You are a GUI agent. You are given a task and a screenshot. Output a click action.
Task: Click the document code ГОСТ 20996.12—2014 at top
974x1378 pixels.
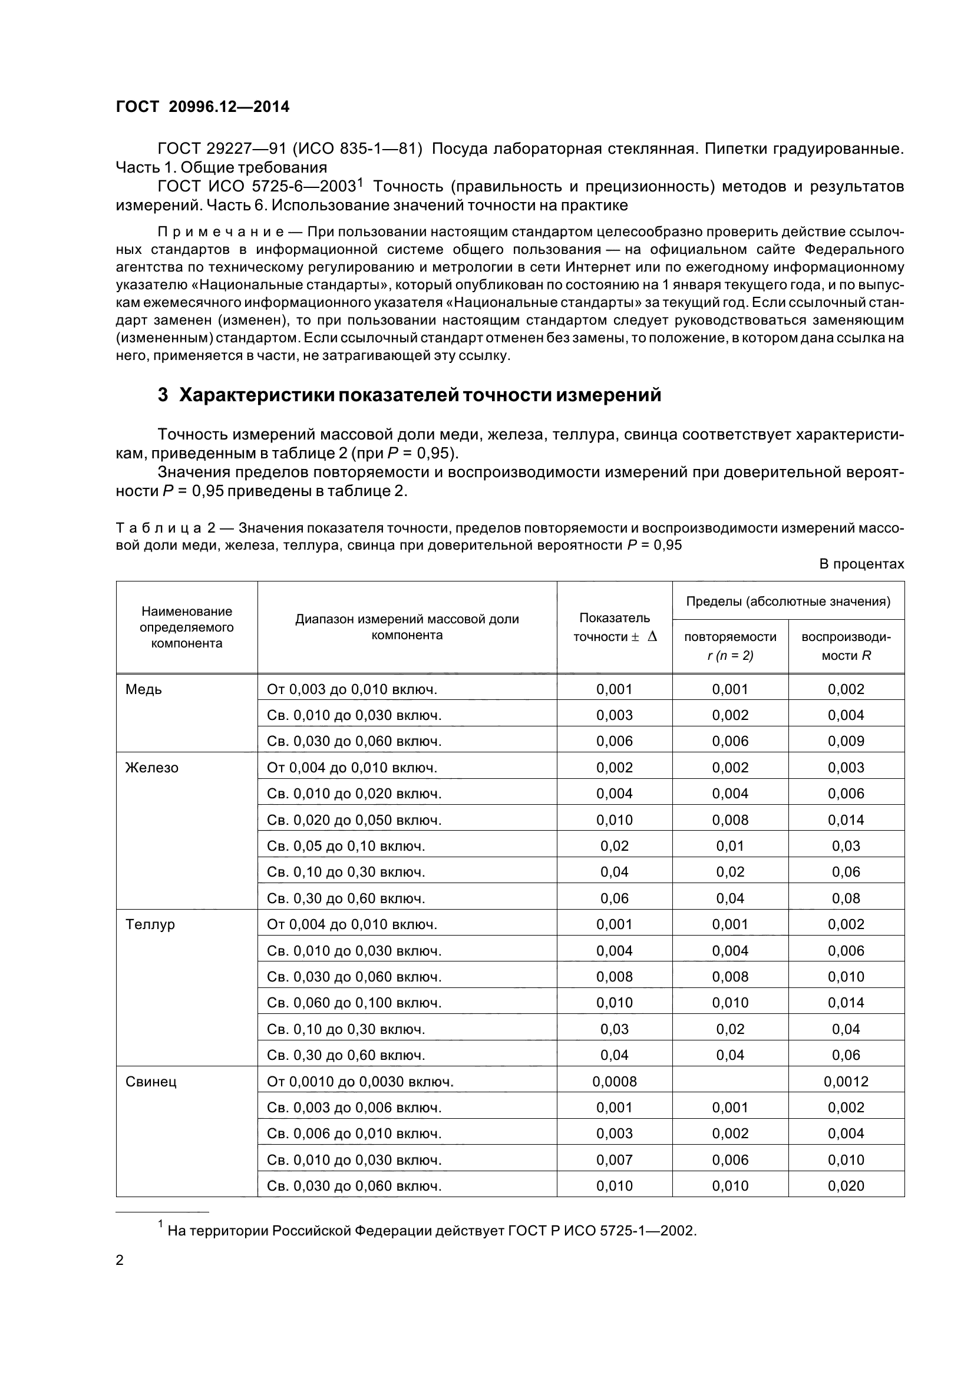[202, 107]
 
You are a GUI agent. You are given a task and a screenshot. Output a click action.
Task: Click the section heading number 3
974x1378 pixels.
[163, 395]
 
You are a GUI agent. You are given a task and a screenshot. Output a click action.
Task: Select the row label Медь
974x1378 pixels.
[143, 689]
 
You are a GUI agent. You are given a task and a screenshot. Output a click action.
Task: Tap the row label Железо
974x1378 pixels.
[151, 768]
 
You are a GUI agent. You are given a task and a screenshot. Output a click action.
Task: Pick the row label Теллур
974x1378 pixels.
[150, 924]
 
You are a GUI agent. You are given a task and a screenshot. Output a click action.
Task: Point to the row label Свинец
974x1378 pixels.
[151, 1082]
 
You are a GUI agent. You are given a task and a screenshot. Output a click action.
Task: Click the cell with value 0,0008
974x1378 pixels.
[614, 1082]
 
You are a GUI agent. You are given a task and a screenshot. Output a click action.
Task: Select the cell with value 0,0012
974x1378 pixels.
[846, 1082]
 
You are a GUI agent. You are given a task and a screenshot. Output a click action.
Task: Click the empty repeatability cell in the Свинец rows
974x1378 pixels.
[729, 1082]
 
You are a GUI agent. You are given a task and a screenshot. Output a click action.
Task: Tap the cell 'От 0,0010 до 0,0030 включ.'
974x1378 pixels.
[360, 1082]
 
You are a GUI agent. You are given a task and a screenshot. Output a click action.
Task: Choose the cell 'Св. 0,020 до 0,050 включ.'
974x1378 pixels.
[354, 820]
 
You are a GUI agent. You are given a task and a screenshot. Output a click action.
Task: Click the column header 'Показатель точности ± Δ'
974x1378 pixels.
[614, 627]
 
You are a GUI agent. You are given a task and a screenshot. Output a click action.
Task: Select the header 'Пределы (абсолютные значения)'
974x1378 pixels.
[787, 602]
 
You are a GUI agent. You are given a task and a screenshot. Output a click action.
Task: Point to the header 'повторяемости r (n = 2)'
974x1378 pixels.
[729, 646]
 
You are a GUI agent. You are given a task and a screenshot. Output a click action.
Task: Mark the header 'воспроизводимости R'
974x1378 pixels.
[846, 646]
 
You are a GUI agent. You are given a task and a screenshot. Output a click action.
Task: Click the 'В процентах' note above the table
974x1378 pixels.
[861, 564]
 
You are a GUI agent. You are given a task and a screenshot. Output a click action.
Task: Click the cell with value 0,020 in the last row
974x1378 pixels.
[846, 1186]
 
